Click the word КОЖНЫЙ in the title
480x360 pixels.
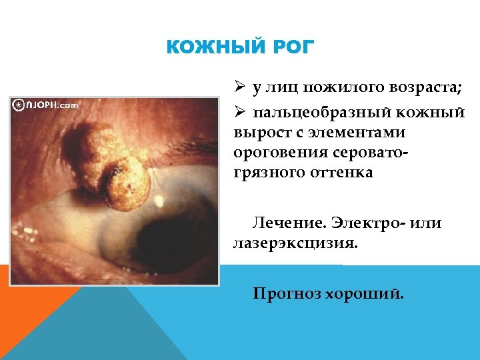[x=209, y=48]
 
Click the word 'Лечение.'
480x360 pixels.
[x=284, y=223]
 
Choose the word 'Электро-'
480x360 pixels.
[x=369, y=223]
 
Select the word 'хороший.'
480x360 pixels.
[x=364, y=293]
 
